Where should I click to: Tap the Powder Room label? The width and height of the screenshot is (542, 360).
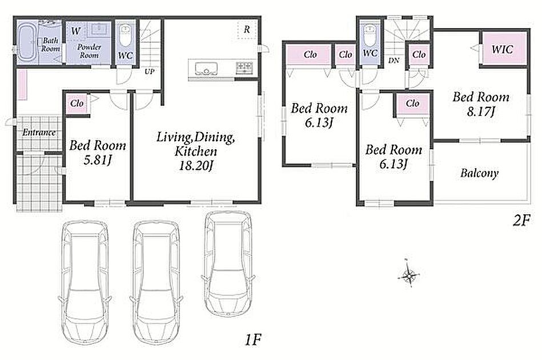89,51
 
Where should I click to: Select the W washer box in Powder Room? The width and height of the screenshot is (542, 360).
76,31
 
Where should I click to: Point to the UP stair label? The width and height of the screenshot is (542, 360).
149,71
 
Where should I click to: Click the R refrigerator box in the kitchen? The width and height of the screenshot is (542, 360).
247,29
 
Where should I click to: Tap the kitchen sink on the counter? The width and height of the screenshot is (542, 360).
206,69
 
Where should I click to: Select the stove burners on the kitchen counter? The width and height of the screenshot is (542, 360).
244,67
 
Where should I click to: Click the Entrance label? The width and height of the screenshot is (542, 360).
39,132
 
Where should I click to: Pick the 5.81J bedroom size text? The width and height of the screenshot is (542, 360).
97,160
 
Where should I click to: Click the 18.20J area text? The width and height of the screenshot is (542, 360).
196,166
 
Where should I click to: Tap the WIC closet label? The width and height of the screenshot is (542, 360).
502,49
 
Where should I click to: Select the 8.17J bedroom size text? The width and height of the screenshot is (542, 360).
480,111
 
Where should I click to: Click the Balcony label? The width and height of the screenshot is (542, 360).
479,173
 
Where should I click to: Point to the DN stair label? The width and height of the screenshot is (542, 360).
394,61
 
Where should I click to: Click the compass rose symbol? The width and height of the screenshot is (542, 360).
409,275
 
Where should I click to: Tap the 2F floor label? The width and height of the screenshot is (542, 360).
521,221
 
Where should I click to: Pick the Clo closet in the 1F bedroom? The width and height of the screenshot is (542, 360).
77,103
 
